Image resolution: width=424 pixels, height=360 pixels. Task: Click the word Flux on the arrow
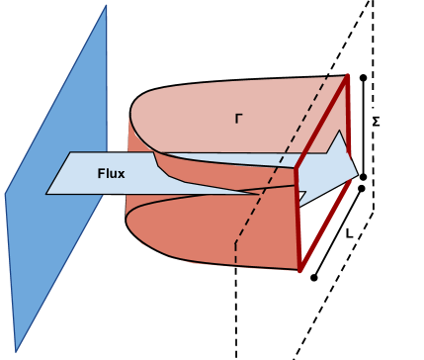[x=111, y=174]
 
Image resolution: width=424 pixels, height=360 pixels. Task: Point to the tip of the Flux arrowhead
[x=357, y=174]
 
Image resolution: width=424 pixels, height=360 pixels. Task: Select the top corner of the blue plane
[x=106, y=5]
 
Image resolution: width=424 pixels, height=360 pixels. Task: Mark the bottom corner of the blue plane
[x=17, y=350]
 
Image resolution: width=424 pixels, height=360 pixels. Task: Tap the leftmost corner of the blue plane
[x=5, y=194]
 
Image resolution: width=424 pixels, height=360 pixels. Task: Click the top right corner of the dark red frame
[x=348, y=76]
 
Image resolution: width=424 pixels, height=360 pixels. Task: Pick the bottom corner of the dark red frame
[x=299, y=269]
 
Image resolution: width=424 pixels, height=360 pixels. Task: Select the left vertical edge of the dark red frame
[x=297, y=218]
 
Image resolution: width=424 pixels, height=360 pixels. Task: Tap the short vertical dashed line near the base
[x=235, y=251]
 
